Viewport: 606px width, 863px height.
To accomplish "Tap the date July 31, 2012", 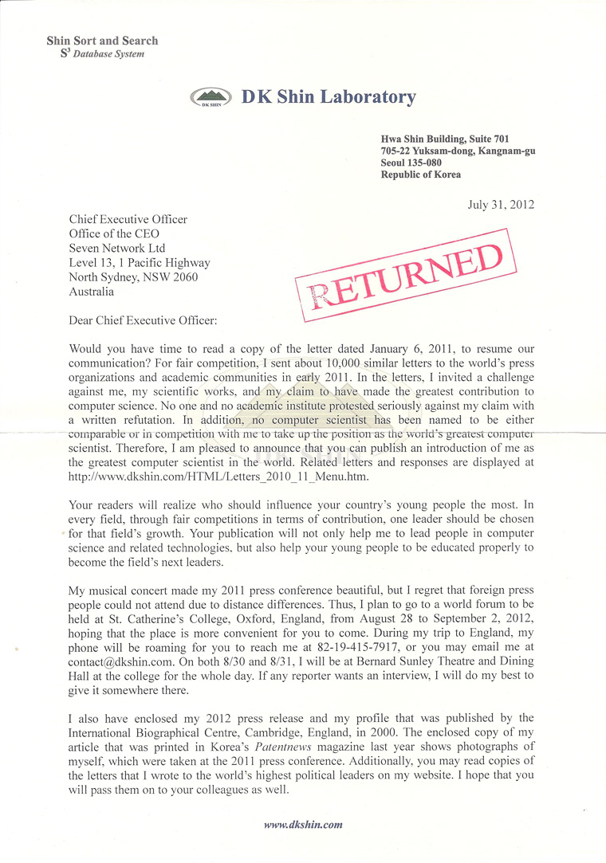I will [x=501, y=204].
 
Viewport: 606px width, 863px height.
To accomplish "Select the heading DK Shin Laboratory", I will [x=329, y=97].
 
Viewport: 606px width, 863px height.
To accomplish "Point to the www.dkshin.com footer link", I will [x=303, y=825].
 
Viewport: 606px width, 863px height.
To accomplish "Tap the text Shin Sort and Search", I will [x=102, y=41].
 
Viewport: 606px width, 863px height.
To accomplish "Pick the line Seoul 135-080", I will [x=411, y=163].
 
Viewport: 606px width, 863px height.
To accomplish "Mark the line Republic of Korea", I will [x=421, y=175].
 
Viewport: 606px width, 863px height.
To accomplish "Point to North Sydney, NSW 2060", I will [x=134, y=277].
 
